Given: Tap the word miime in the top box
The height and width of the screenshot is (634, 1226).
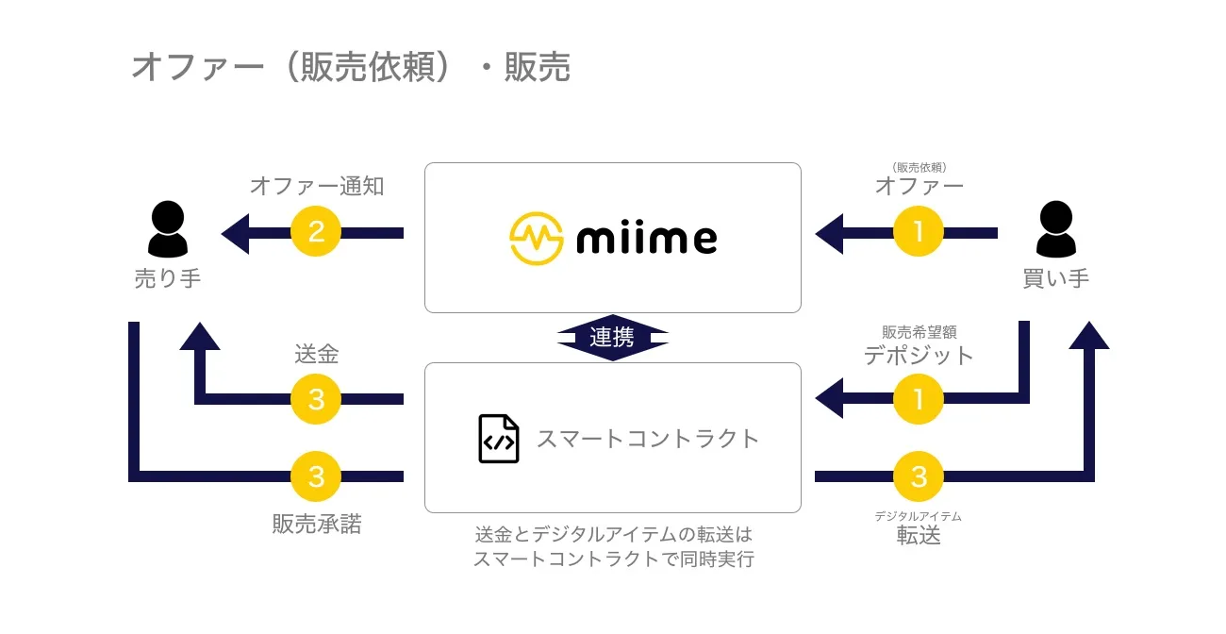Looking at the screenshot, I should coord(646,239).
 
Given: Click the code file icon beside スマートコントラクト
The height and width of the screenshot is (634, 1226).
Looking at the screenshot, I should coord(499,439).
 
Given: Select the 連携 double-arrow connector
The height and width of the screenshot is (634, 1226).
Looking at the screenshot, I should coord(612,337).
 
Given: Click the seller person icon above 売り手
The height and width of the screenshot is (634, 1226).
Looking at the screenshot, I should coord(168,229).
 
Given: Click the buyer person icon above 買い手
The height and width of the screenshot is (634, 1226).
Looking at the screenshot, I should coord(1055,229).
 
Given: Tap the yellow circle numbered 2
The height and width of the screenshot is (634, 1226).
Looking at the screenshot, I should coord(316,231).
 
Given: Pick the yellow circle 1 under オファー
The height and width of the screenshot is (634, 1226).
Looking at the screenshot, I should coord(919,231).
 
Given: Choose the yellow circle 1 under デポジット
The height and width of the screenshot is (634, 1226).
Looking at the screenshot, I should coord(919,399).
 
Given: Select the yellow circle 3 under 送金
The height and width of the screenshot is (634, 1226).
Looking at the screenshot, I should coord(316,399).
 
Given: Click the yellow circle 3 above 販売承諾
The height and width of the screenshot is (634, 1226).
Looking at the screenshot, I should coord(316,476).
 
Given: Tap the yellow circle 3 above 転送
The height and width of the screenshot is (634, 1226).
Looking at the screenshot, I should coord(919,476).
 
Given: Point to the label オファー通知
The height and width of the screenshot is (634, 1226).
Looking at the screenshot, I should coord(316,186).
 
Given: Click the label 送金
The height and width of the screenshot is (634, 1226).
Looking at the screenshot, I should coord(316,355).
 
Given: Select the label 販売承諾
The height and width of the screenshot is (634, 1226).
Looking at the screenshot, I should coord(316,525).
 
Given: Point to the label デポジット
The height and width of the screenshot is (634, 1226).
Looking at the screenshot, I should coord(919,356).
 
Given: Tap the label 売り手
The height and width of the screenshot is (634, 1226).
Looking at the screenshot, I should coord(168,279).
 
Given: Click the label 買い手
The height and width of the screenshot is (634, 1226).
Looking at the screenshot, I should coord(1055,279).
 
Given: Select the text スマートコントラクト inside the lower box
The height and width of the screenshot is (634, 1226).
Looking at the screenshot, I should coord(648,439).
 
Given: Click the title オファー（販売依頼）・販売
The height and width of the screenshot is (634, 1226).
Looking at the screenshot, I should coord(351,68).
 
